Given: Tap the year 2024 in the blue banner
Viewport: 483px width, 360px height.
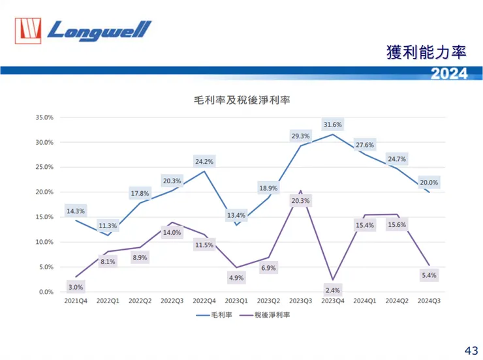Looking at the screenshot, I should [449, 74].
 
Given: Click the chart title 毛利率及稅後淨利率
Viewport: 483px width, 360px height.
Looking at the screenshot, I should [242, 100].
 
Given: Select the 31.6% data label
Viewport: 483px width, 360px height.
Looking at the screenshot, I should [333, 125].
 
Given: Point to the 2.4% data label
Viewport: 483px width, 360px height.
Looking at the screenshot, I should [333, 290].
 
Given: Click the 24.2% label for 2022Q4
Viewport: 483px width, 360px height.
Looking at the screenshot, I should [204, 161].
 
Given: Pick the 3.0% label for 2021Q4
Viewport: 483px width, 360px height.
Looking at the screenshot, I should [75, 287].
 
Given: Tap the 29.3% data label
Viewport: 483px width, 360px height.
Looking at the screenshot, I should [301, 136].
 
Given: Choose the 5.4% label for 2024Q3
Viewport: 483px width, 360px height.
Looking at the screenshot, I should [429, 275].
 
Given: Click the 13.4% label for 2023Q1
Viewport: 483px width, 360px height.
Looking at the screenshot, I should [236, 215].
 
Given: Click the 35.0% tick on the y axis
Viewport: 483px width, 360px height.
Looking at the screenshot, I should [44, 118].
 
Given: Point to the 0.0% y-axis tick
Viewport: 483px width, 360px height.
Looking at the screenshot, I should [46, 292].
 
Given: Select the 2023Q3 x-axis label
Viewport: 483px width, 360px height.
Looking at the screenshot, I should [300, 302].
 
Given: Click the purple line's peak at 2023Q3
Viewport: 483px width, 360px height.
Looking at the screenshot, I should [300, 191].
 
